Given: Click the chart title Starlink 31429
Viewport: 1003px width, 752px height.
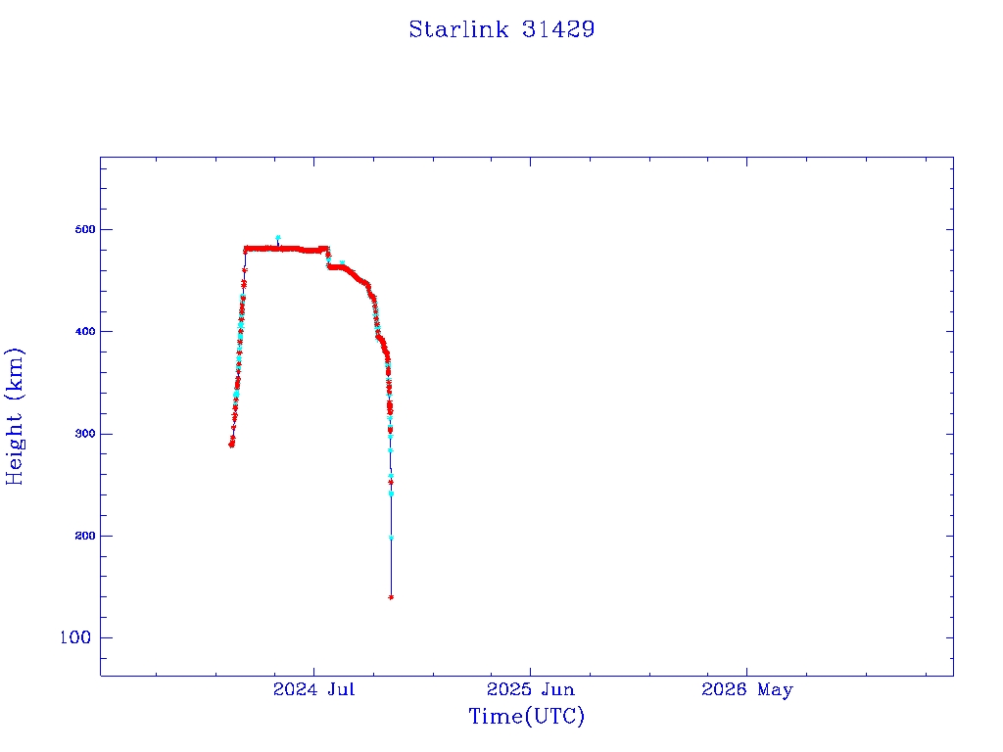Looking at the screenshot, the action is click(x=501, y=29).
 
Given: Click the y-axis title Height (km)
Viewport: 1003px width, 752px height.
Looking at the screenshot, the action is click(x=14, y=416).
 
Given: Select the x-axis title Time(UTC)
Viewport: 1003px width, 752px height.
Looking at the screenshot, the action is click(x=526, y=716).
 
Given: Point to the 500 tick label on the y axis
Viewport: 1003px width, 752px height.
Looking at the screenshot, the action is click(x=85, y=229).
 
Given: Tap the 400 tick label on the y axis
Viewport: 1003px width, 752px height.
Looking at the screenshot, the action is click(x=85, y=331).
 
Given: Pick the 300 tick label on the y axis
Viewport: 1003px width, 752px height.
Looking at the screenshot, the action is click(x=85, y=434).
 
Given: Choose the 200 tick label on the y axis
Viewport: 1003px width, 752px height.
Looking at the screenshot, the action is click(x=85, y=536).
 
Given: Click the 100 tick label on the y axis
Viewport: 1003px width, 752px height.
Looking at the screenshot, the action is click(x=75, y=637).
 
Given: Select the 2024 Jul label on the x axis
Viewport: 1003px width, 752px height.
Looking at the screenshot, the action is click(x=313, y=689).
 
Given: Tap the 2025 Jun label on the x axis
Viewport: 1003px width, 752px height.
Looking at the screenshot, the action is click(x=530, y=689).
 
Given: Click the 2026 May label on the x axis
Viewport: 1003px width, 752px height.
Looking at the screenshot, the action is click(x=746, y=690).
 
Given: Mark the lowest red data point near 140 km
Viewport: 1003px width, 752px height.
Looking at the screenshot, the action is click(x=391, y=597).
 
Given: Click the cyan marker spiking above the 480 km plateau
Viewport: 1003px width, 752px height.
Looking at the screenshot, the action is click(x=277, y=237).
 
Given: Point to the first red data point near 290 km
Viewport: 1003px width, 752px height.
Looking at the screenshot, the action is click(x=231, y=446).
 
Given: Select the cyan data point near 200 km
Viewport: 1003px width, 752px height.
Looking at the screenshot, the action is click(x=391, y=538).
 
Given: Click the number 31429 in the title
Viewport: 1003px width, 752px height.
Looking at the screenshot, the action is click(x=558, y=29).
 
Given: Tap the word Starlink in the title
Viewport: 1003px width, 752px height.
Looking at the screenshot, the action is click(x=458, y=29).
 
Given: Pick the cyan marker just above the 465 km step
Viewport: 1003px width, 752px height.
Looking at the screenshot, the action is click(x=342, y=262).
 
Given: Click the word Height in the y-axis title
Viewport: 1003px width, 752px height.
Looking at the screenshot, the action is click(x=14, y=447).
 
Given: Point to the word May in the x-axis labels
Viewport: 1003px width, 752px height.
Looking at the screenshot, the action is click(x=776, y=690).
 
